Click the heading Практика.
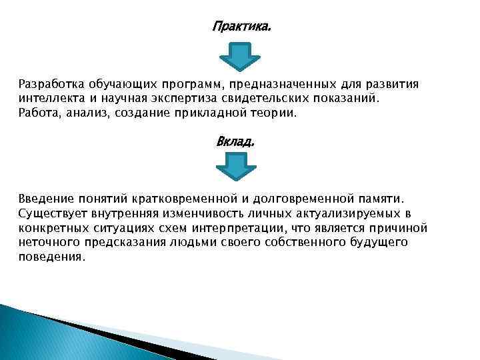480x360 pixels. [x=242, y=27]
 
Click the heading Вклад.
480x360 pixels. [x=235, y=142]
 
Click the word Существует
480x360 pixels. [x=52, y=213]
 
